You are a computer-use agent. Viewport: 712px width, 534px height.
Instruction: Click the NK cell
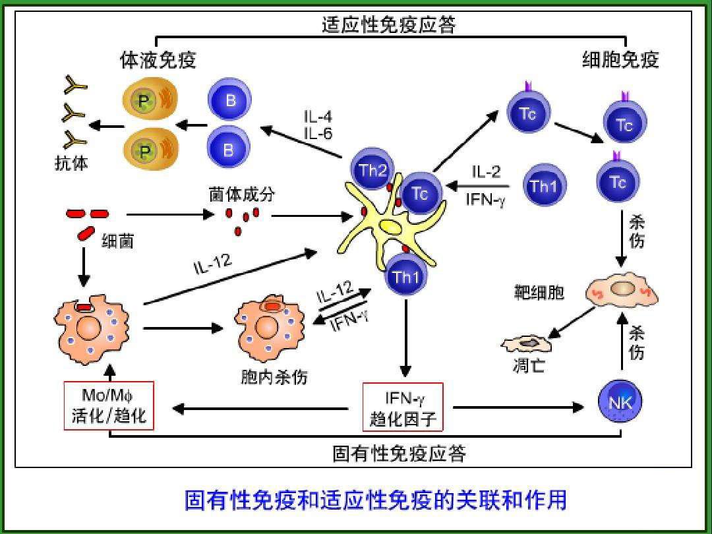[x=620, y=401]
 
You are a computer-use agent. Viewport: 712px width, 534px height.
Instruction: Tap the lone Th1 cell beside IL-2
[x=544, y=186]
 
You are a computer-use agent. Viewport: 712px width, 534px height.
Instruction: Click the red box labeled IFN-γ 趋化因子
[x=403, y=407]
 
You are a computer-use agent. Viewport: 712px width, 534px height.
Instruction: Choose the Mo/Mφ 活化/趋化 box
[x=109, y=406]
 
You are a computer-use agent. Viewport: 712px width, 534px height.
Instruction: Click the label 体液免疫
[x=158, y=61]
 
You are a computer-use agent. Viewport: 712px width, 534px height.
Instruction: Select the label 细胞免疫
[x=620, y=61]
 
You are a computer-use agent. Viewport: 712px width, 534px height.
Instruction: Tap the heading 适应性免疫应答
[x=389, y=25]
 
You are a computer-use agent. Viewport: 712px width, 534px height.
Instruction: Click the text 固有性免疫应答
[x=400, y=454]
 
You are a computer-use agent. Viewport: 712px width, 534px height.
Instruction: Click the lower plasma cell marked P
[x=144, y=147]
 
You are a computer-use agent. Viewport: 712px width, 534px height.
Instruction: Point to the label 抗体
[x=71, y=163]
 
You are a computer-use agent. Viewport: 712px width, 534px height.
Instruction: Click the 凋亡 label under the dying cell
[x=527, y=365]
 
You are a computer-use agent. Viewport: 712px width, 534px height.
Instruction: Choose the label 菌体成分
[x=241, y=195]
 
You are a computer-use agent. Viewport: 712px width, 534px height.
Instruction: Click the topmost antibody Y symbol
[x=73, y=86]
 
